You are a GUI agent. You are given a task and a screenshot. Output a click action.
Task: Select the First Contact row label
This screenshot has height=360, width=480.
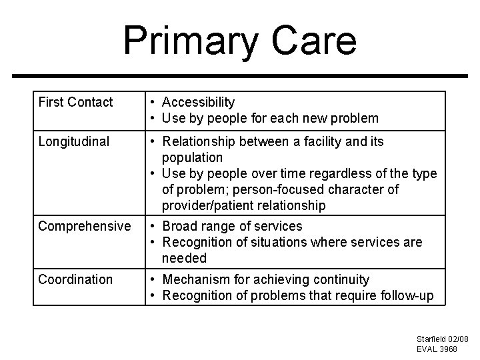pos(75,102)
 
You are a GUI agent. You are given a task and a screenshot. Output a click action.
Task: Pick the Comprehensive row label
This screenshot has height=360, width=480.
pos(85,227)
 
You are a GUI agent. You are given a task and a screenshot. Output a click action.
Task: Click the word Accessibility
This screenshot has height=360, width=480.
pos(198,102)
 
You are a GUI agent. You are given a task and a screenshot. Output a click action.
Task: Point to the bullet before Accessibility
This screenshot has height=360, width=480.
pos(153,102)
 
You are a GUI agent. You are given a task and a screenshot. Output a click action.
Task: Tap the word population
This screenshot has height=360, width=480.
pos(192,157)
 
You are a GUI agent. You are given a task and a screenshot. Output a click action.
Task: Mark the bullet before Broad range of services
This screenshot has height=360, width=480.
pos(153,227)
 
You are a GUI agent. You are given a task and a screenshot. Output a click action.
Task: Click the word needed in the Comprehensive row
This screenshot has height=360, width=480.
pos(184,258)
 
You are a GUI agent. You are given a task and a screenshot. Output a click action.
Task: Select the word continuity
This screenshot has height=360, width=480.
pos(340,279)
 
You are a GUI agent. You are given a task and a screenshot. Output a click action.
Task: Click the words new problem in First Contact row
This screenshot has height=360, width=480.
pos(347,119)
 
